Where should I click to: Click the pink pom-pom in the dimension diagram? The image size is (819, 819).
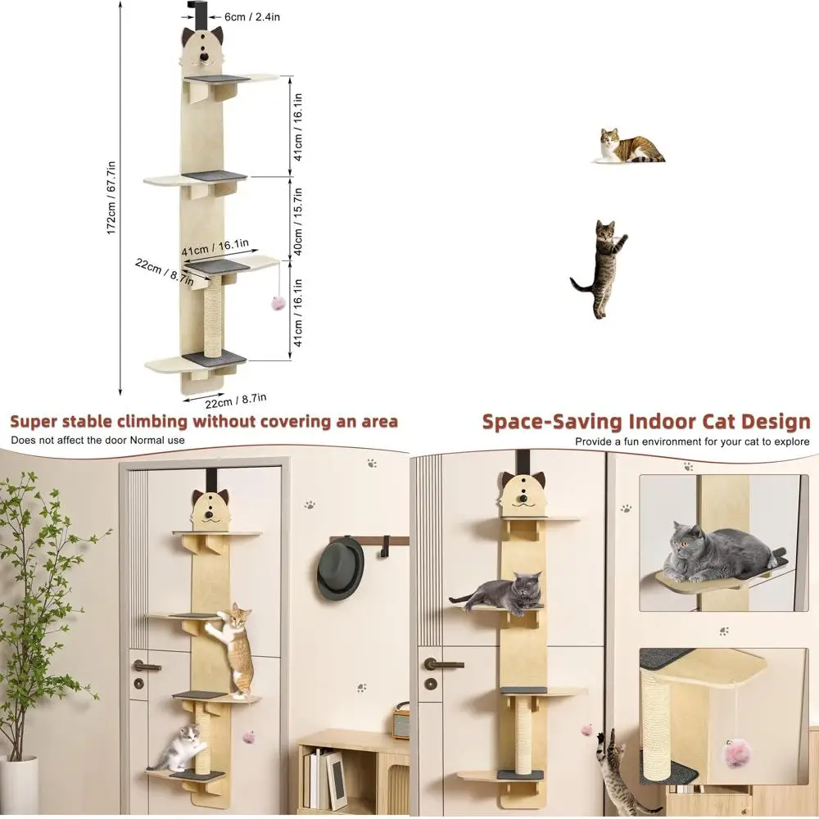tap(277, 304)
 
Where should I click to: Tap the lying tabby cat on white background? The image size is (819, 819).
tap(630, 147)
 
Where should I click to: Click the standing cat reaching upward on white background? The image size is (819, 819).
tap(601, 267)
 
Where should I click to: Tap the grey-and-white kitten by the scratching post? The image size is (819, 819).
tap(183, 746)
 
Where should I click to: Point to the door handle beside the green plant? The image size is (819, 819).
tap(147, 666)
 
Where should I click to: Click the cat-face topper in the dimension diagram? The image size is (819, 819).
tap(202, 48)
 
